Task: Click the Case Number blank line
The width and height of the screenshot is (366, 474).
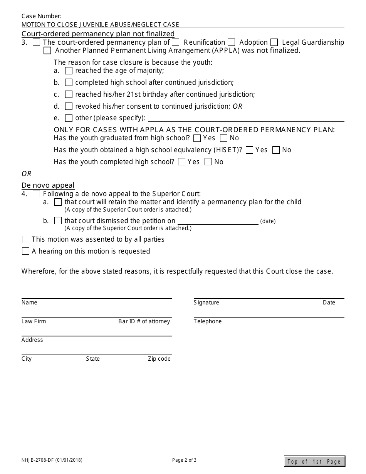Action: pos(204,16)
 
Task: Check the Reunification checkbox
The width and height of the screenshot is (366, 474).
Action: pos(175,42)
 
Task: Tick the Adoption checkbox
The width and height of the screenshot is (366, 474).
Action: pos(232,42)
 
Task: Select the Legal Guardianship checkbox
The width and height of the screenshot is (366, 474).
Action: pos(274,42)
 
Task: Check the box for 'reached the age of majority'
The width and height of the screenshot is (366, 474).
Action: pos(69,71)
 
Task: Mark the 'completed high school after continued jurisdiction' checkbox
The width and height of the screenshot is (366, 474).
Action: pos(69,82)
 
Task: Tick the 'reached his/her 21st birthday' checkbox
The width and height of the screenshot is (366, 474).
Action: pos(69,94)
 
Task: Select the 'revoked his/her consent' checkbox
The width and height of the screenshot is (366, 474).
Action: pos(69,106)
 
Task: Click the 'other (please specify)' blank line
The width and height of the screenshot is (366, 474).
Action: pos(246,119)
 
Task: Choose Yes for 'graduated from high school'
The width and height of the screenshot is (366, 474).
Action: pos(197,138)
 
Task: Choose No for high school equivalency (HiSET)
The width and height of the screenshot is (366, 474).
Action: pos(276,150)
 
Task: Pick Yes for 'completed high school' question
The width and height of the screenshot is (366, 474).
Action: pos(181,162)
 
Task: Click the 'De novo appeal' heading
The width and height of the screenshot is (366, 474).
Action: pos(48,185)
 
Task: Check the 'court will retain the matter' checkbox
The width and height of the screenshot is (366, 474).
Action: pos(58,202)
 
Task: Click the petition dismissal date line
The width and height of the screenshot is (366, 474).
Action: pos(218,221)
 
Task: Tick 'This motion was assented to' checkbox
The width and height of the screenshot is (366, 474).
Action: pos(25,239)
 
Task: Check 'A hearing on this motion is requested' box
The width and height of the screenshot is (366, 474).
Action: pos(25,251)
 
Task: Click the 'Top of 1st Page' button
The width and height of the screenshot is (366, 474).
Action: pos(314,461)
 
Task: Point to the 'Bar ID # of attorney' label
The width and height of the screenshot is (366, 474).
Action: pos(144,321)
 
